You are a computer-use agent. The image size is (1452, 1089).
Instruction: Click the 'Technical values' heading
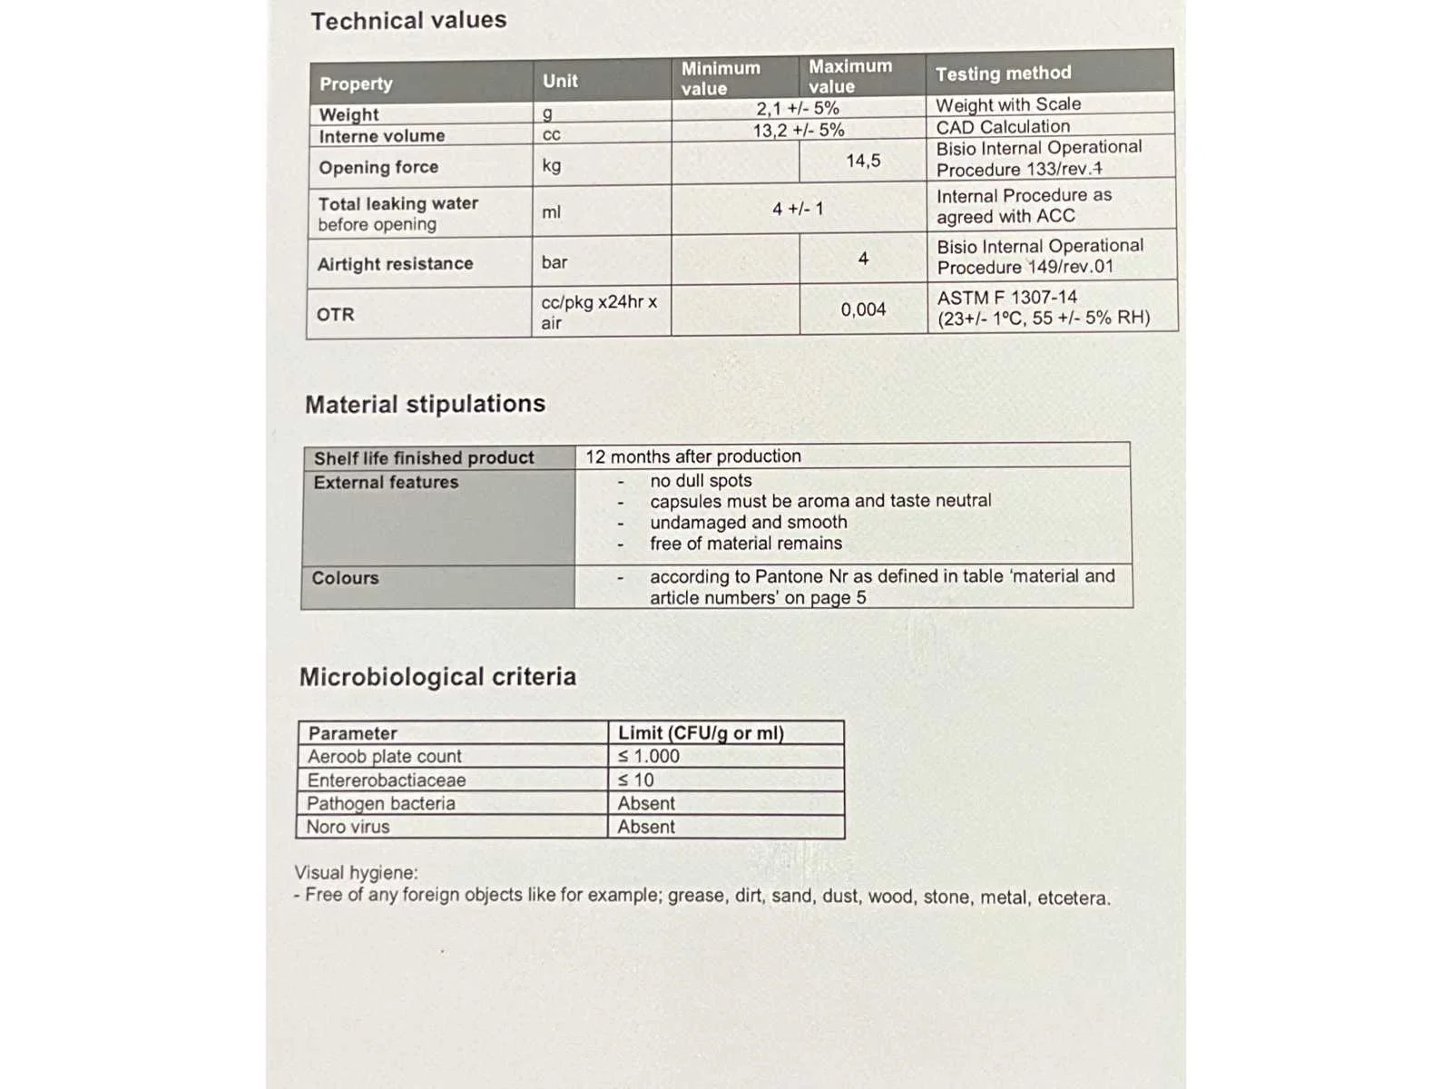tap(408, 20)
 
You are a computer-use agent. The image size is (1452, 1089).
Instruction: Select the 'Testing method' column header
tap(1003, 74)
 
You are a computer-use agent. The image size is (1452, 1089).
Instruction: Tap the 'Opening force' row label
tap(378, 167)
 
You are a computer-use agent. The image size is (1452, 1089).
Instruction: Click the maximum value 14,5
tap(863, 161)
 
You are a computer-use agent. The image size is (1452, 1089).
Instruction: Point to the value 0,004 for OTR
tap(863, 309)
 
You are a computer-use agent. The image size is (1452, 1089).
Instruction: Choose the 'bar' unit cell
tap(554, 262)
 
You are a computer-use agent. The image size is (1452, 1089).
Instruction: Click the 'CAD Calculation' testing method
tap(1003, 127)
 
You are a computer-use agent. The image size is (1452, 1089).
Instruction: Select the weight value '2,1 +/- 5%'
tap(798, 108)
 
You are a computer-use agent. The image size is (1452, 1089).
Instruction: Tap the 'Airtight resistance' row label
tap(395, 264)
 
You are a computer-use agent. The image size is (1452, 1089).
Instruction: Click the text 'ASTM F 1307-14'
tap(1007, 298)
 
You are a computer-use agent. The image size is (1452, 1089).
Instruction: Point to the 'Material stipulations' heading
tap(425, 404)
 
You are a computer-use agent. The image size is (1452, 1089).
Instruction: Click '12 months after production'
tap(693, 456)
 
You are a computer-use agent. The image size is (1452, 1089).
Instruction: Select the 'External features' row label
tap(386, 483)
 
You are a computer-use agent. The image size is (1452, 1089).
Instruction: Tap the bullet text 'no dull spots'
tap(701, 480)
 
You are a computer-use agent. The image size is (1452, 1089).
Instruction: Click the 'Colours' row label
tap(345, 578)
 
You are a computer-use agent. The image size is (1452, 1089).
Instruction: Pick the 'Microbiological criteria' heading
tap(437, 677)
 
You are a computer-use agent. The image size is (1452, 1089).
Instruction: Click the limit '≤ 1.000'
tap(649, 756)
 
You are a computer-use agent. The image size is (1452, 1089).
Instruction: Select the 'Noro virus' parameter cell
tap(348, 827)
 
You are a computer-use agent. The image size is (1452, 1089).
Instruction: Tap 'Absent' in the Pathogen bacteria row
tap(646, 803)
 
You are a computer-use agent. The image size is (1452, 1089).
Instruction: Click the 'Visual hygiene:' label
tap(356, 873)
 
